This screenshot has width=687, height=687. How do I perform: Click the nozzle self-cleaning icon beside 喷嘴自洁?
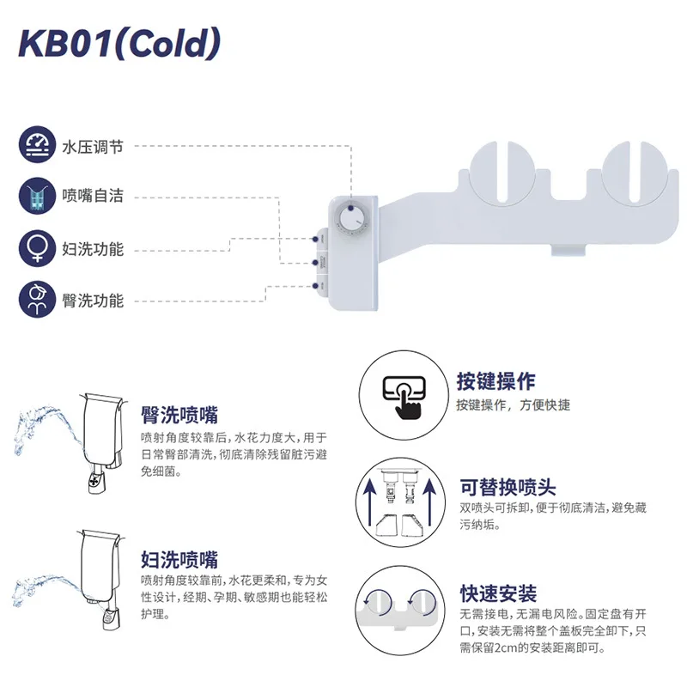tap(36, 196)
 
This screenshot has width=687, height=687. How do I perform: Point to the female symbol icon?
tap(36, 248)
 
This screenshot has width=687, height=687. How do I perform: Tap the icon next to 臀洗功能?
tap(36, 299)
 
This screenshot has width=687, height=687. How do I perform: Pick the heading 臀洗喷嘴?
tap(179, 416)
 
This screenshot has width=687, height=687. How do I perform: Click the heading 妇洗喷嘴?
tap(179, 559)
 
